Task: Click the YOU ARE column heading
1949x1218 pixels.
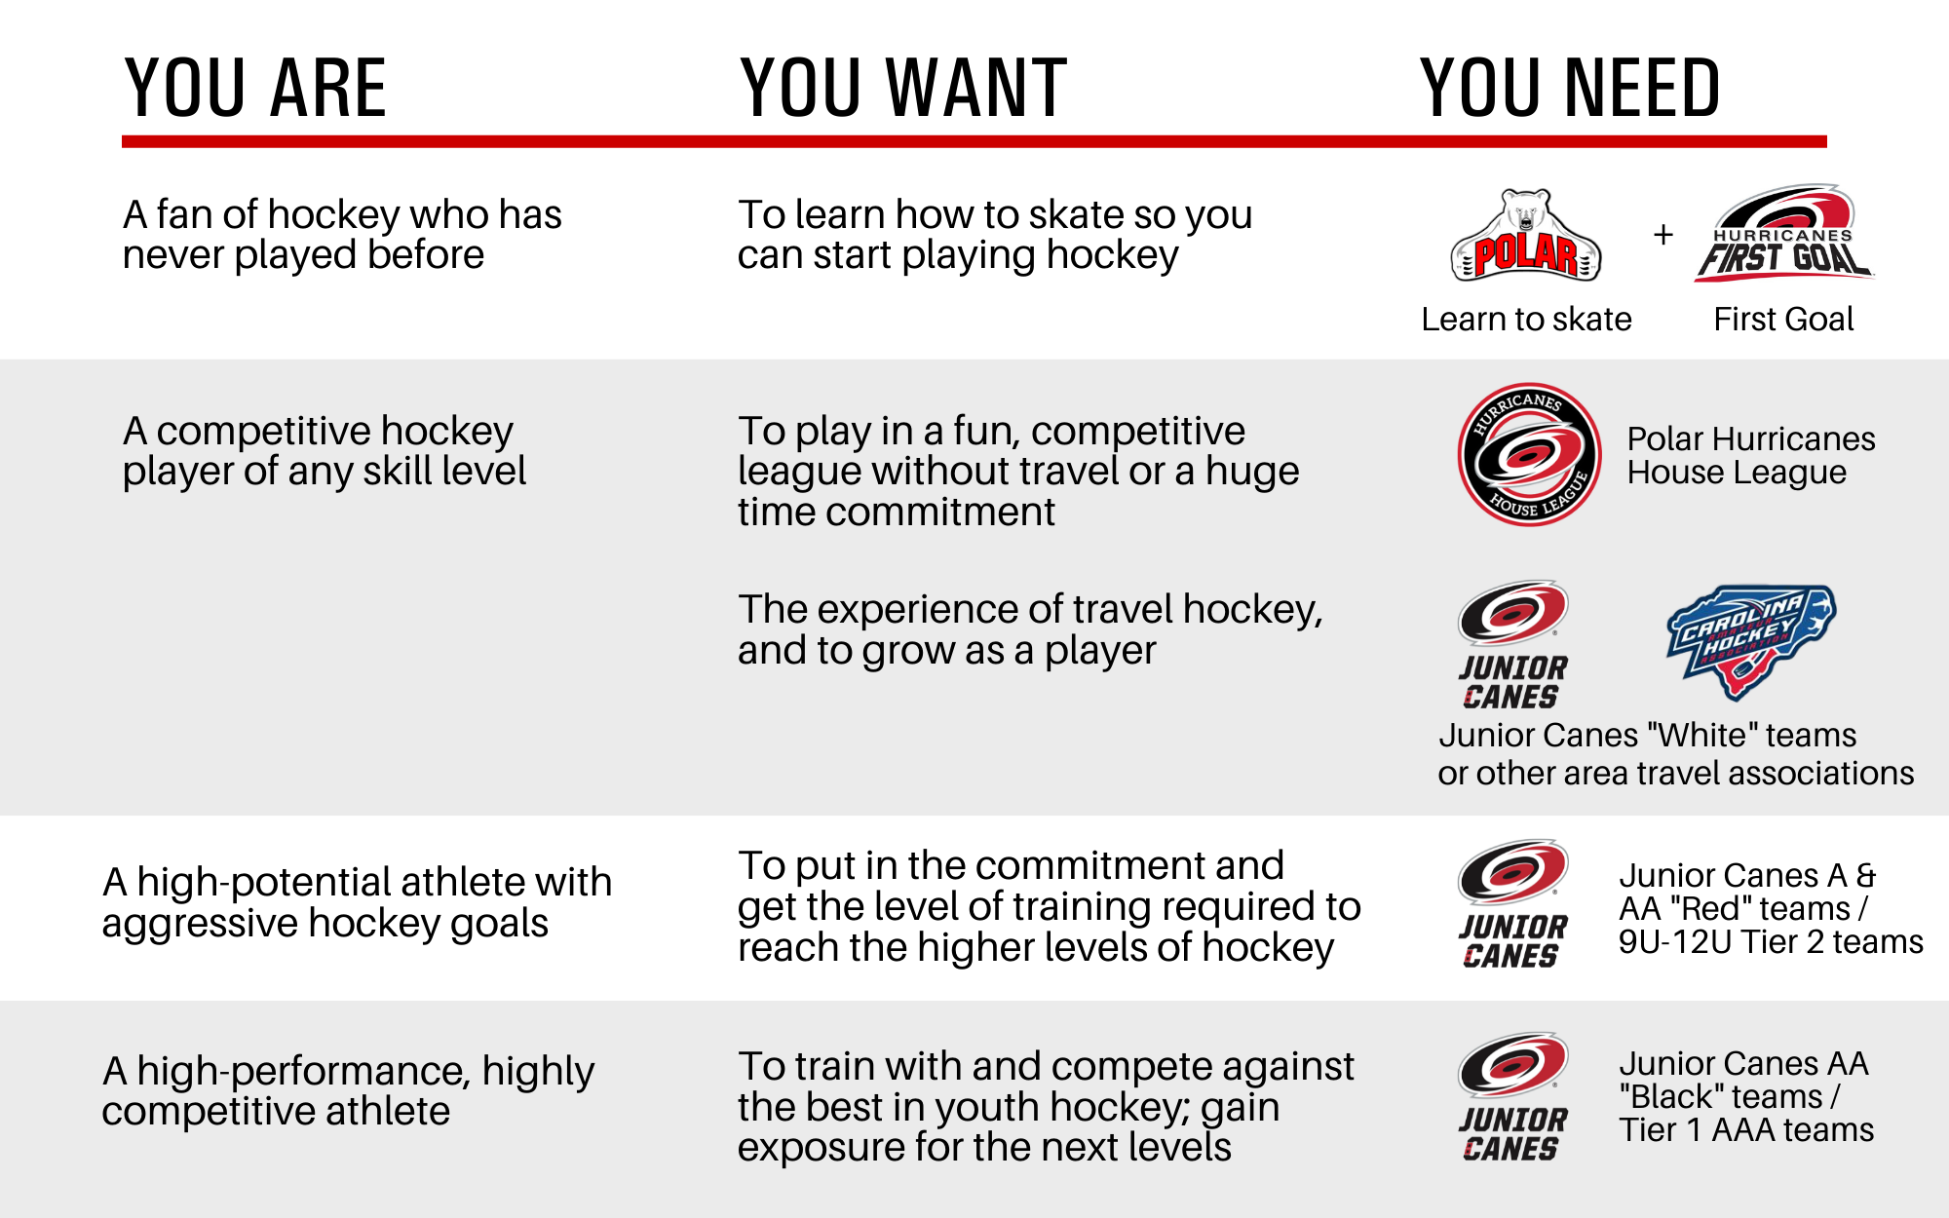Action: (x=255, y=88)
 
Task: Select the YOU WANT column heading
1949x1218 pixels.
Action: (x=903, y=88)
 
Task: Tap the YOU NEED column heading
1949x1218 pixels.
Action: (x=1570, y=88)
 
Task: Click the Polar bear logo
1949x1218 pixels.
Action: (x=1526, y=236)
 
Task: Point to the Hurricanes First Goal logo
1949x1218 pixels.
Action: (x=1783, y=234)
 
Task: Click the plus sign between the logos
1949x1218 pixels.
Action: (x=1663, y=235)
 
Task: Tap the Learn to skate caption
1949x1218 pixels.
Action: (x=1526, y=319)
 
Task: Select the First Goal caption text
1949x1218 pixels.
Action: (x=1783, y=319)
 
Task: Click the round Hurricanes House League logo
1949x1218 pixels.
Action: (x=1529, y=454)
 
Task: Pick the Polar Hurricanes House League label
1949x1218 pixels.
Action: (x=1750, y=455)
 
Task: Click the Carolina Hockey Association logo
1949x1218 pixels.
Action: (x=1751, y=642)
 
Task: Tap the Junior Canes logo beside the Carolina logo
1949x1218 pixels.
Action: (x=1512, y=645)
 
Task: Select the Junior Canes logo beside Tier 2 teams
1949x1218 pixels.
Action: (x=1512, y=904)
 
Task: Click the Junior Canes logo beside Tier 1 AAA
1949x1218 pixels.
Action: (x=1512, y=1097)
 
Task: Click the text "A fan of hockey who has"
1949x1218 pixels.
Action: (x=342, y=214)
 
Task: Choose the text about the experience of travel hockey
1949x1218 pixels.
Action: (x=1030, y=629)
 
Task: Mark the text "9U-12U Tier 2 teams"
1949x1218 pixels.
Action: (x=1771, y=942)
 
